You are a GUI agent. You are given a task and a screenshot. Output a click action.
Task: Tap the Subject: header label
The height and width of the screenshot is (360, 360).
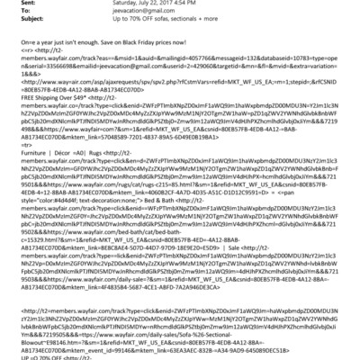click(x=21, y=28)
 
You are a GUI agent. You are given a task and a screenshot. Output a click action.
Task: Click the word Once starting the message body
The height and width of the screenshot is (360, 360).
click(x=13, y=59)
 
